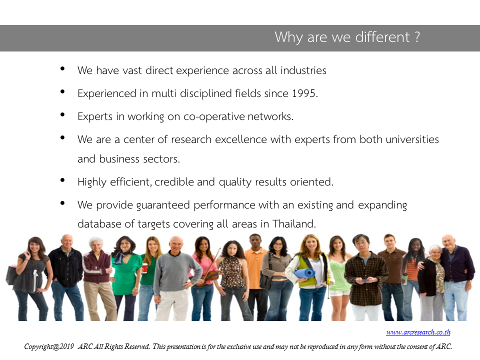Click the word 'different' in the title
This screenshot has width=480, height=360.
382,37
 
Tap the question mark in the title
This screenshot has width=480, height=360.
417,37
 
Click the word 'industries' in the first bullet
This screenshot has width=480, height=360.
303,70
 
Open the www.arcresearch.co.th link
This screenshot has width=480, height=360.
418,332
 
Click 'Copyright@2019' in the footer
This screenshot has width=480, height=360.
49,346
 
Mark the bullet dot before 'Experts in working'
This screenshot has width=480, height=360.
63,114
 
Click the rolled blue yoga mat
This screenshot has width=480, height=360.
304,273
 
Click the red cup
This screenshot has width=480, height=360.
144,268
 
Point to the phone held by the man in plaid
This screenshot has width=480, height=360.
365,279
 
